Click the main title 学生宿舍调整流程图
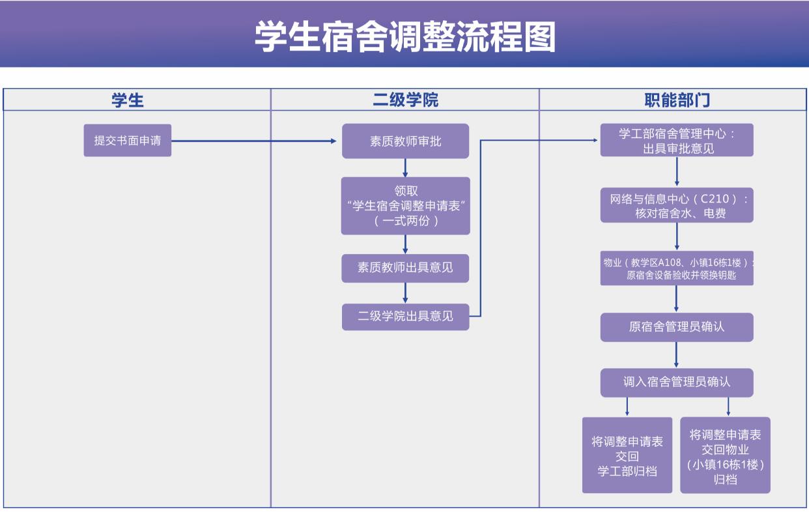coord(404,36)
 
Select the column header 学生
coord(128,100)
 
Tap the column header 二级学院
coord(405,100)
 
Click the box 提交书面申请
coord(128,140)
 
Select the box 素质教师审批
coord(405,141)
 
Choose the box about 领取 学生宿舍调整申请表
coord(405,205)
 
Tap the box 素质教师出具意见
coord(405,268)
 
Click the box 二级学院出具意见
coord(405,317)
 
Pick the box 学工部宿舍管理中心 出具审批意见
coord(677,140)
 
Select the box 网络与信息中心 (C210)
coord(677,205)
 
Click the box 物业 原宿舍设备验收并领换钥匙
coord(677,268)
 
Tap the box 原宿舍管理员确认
coord(677,327)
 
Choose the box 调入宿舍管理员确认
coord(677,382)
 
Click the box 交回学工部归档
coord(627,455)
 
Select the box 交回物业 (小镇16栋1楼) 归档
coord(725,455)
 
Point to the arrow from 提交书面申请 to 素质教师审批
coord(254,141)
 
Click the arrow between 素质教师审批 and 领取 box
coord(405,168)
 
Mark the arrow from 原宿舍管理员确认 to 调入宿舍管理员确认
coord(677,355)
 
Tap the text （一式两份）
coord(405,221)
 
